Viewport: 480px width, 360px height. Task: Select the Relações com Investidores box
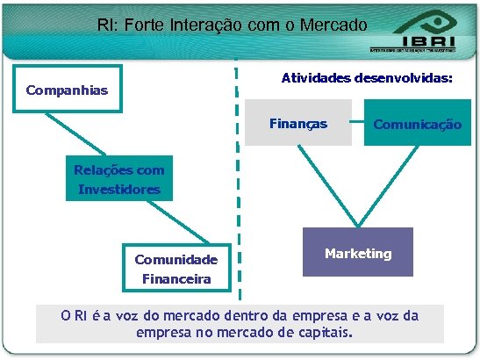point(118,180)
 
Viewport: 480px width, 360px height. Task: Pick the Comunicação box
point(417,125)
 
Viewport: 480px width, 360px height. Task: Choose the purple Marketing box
point(357,253)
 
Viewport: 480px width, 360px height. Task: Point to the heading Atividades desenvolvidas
point(367,78)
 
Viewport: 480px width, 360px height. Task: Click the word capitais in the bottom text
point(320,333)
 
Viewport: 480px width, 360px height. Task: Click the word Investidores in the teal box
point(118,189)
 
